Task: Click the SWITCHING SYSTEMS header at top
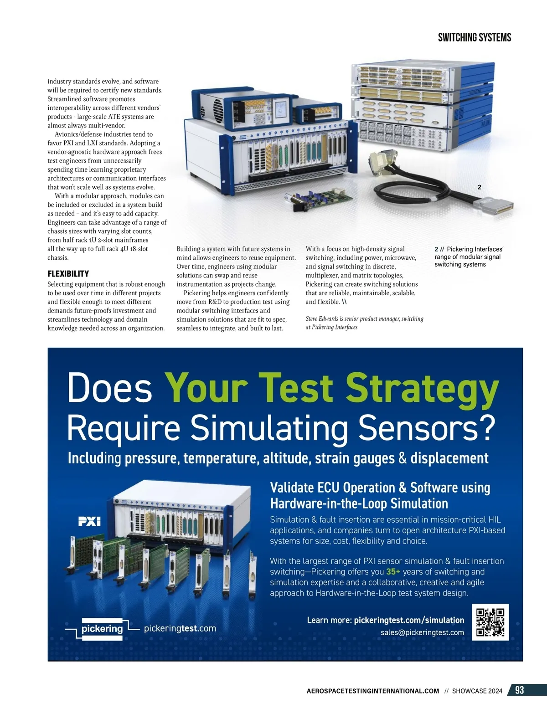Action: pyautogui.click(x=475, y=37)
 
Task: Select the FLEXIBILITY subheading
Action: pyautogui.click(x=68, y=274)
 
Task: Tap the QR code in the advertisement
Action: pyautogui.click(x=490, y=622)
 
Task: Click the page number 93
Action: pyautogui.click(x=519, y=690)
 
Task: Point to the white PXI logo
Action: pyautogui.click(x=89, y=521)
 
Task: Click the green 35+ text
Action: pyautogui.click(x=393, y=571)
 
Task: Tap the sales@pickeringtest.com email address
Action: pyautogui.click(x=423, y=632)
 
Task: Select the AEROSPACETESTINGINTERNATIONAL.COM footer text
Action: pyautogui.click(x=373, y=691)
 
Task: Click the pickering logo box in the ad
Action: pyautogui.click(x=102, y=629)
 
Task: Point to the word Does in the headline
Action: pyautogui.click(x=109, y=388)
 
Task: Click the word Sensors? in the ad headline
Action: pyautogui.click(x=427, y=428)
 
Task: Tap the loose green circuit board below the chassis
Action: pyautogui.click(x=318, y=198)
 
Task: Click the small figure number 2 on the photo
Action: pyautogui.click(x=479, y=187)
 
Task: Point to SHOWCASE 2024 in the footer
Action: pyautogui.click(x=477, y=691)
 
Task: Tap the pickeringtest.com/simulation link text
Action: pyautogui.click(x=409, y=620)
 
